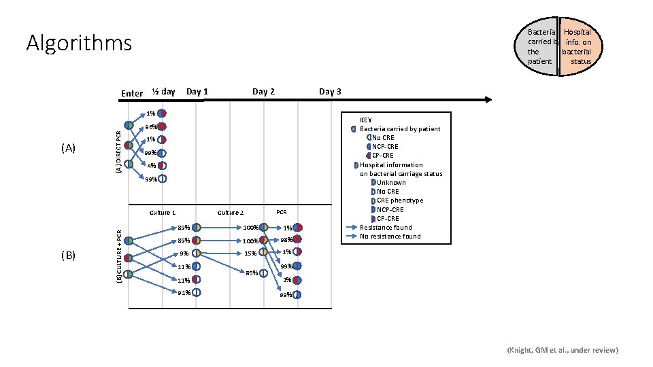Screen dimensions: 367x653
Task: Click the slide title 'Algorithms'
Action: tap(79, 43)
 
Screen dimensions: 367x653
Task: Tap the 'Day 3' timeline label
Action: tap(330, 92)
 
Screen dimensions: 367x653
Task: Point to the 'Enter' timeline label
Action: tap(131, 93)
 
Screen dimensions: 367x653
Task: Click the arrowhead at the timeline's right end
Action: tap(486, 100)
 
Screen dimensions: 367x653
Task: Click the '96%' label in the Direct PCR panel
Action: tap(150, 127)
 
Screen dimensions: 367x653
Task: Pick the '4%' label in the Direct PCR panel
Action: tap(152, 166)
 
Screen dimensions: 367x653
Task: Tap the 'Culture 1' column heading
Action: tap(162, 213)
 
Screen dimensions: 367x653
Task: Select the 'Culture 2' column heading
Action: tap(230, 213)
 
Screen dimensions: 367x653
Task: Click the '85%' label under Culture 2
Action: tap(251, 273)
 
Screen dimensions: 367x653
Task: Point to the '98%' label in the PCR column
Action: tap(286, 240)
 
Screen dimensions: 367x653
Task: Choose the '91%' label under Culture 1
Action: tap(184, 293)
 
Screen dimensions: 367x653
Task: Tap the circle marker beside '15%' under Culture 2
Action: tap(264, 253)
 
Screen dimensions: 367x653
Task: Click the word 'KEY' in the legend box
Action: tap(365, 120)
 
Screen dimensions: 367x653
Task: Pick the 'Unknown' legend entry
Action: tap(391, 182)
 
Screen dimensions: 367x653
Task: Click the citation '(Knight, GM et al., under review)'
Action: tap(563, 350)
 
